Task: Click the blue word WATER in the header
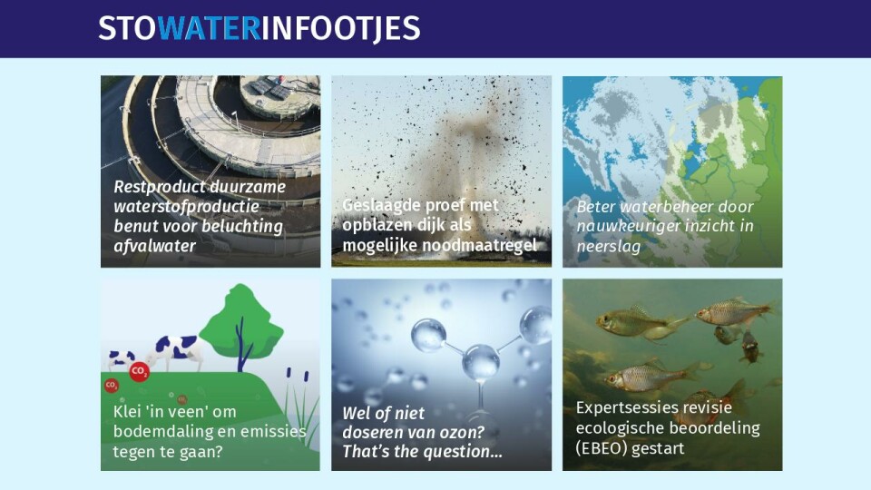click(x=209, y=28)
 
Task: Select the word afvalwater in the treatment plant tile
click(x=154, y=246)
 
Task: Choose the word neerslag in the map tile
click(x=608, y=246)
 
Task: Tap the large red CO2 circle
click(x=140, y=371)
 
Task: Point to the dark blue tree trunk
click(x=241, y=345)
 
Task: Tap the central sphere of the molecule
click(x=481, y=362)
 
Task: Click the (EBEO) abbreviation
click(x=602, y=448)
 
